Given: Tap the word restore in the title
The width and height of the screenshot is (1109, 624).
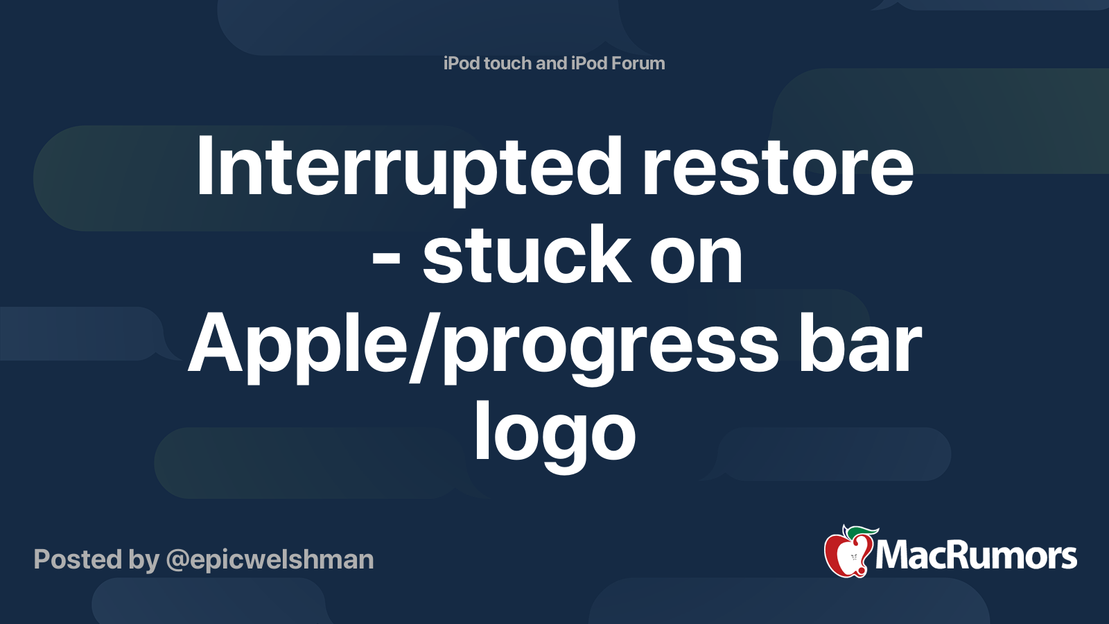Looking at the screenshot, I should [x=778, y=168].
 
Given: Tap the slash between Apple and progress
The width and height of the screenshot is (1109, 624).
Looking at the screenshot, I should [x=423, y=345].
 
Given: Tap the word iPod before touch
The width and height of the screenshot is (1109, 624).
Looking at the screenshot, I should [x=462, y=63].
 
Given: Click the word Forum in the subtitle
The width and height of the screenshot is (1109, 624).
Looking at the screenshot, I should [x=637, y=63].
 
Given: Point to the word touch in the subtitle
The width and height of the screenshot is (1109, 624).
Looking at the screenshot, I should [x=508, y=63].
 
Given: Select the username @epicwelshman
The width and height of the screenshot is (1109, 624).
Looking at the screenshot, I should [x=270, y=560].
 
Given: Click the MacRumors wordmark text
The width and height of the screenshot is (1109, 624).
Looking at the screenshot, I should [x=976, y=556].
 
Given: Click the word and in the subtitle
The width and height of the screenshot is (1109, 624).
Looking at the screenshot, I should [x=551, y=63].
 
